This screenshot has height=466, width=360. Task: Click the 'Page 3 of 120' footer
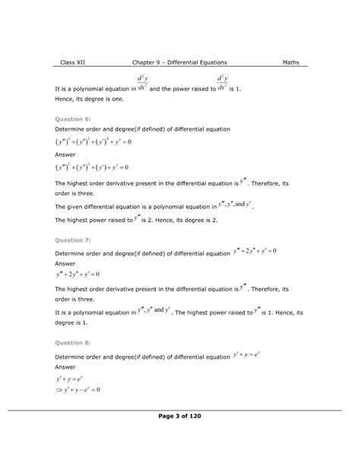point(179,436)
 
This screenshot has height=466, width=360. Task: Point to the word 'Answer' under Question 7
point(67,263)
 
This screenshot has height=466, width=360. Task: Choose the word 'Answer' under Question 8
point(67,366)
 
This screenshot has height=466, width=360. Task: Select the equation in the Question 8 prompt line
point(245,355)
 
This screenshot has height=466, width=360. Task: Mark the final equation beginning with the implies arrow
point(79,390)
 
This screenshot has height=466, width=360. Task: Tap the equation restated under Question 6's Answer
point(92,166)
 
